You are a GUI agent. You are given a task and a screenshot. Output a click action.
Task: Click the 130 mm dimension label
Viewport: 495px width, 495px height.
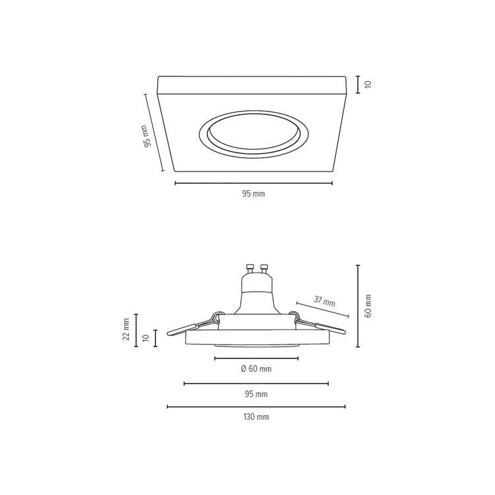[x=256, y=416]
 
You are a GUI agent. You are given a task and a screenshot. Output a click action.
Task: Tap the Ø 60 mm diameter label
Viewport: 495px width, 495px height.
[x=256, y=368]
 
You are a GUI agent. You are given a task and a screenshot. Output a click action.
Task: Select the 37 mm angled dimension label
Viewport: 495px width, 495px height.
[x=325, y=300]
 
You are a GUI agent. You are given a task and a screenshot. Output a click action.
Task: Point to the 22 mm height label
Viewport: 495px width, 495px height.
[x=126, y=329]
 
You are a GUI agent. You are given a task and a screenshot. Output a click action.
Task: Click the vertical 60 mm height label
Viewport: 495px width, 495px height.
[x=368, y=306]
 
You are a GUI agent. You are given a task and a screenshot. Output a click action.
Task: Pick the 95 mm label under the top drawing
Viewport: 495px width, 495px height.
[x=253, y=193]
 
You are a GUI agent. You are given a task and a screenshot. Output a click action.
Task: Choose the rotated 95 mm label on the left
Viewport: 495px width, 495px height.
[x=146, y=136]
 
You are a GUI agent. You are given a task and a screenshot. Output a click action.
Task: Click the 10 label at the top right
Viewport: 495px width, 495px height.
[x=368, y=84]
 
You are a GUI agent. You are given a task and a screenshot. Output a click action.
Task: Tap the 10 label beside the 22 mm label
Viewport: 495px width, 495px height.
[x=146, y=338]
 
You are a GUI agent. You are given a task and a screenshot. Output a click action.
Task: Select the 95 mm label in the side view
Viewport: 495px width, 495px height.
[x=256, y=394]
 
